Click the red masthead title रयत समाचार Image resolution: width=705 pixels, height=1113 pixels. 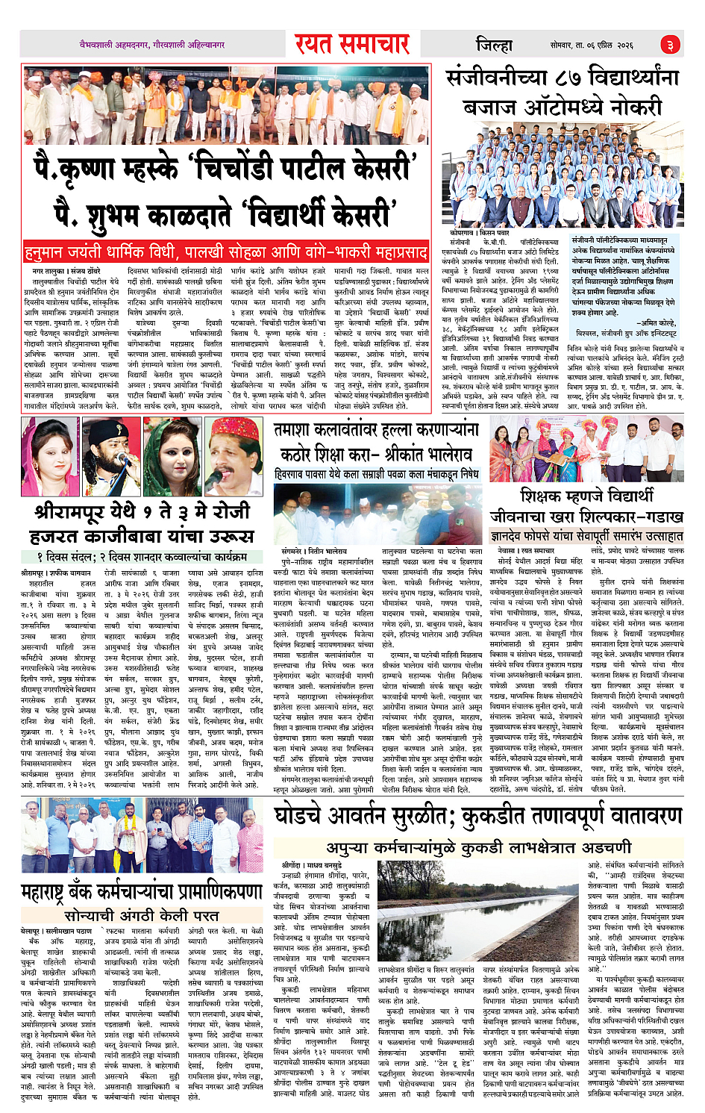point(352,44)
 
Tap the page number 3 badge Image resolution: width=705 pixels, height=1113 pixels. point(670,45)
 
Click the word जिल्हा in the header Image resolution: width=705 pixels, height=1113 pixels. point(494,45)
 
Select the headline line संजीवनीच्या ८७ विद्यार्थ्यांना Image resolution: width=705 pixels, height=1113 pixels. point(563,78)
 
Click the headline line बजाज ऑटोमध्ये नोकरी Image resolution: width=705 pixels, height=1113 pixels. point(563,107)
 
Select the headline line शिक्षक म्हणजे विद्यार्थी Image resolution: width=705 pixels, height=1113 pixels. point(586,495)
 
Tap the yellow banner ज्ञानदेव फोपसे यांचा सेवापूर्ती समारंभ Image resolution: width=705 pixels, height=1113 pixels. point(586,536)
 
